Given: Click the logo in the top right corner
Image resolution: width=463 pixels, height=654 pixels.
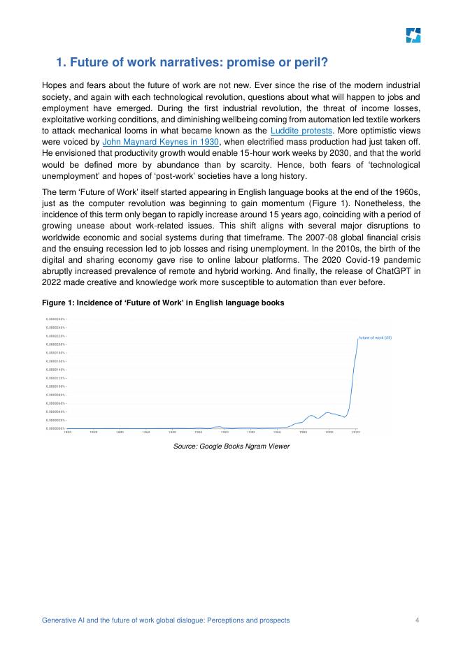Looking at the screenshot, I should [413, 36].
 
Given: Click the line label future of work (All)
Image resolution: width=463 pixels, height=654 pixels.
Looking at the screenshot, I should [375, 337].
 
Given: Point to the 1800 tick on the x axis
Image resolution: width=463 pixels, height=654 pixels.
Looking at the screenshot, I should [67, 433].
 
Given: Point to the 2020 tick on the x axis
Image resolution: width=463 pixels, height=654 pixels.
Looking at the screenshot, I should [356, 433].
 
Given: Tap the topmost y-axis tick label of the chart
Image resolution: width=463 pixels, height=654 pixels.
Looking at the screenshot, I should [55, 319].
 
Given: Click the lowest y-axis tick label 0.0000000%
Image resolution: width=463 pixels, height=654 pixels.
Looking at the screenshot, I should [55, 428].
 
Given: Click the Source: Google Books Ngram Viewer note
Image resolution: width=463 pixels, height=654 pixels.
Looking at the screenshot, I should [231, 446].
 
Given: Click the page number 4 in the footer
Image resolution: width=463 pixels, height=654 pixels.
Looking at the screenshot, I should [417, 620].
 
